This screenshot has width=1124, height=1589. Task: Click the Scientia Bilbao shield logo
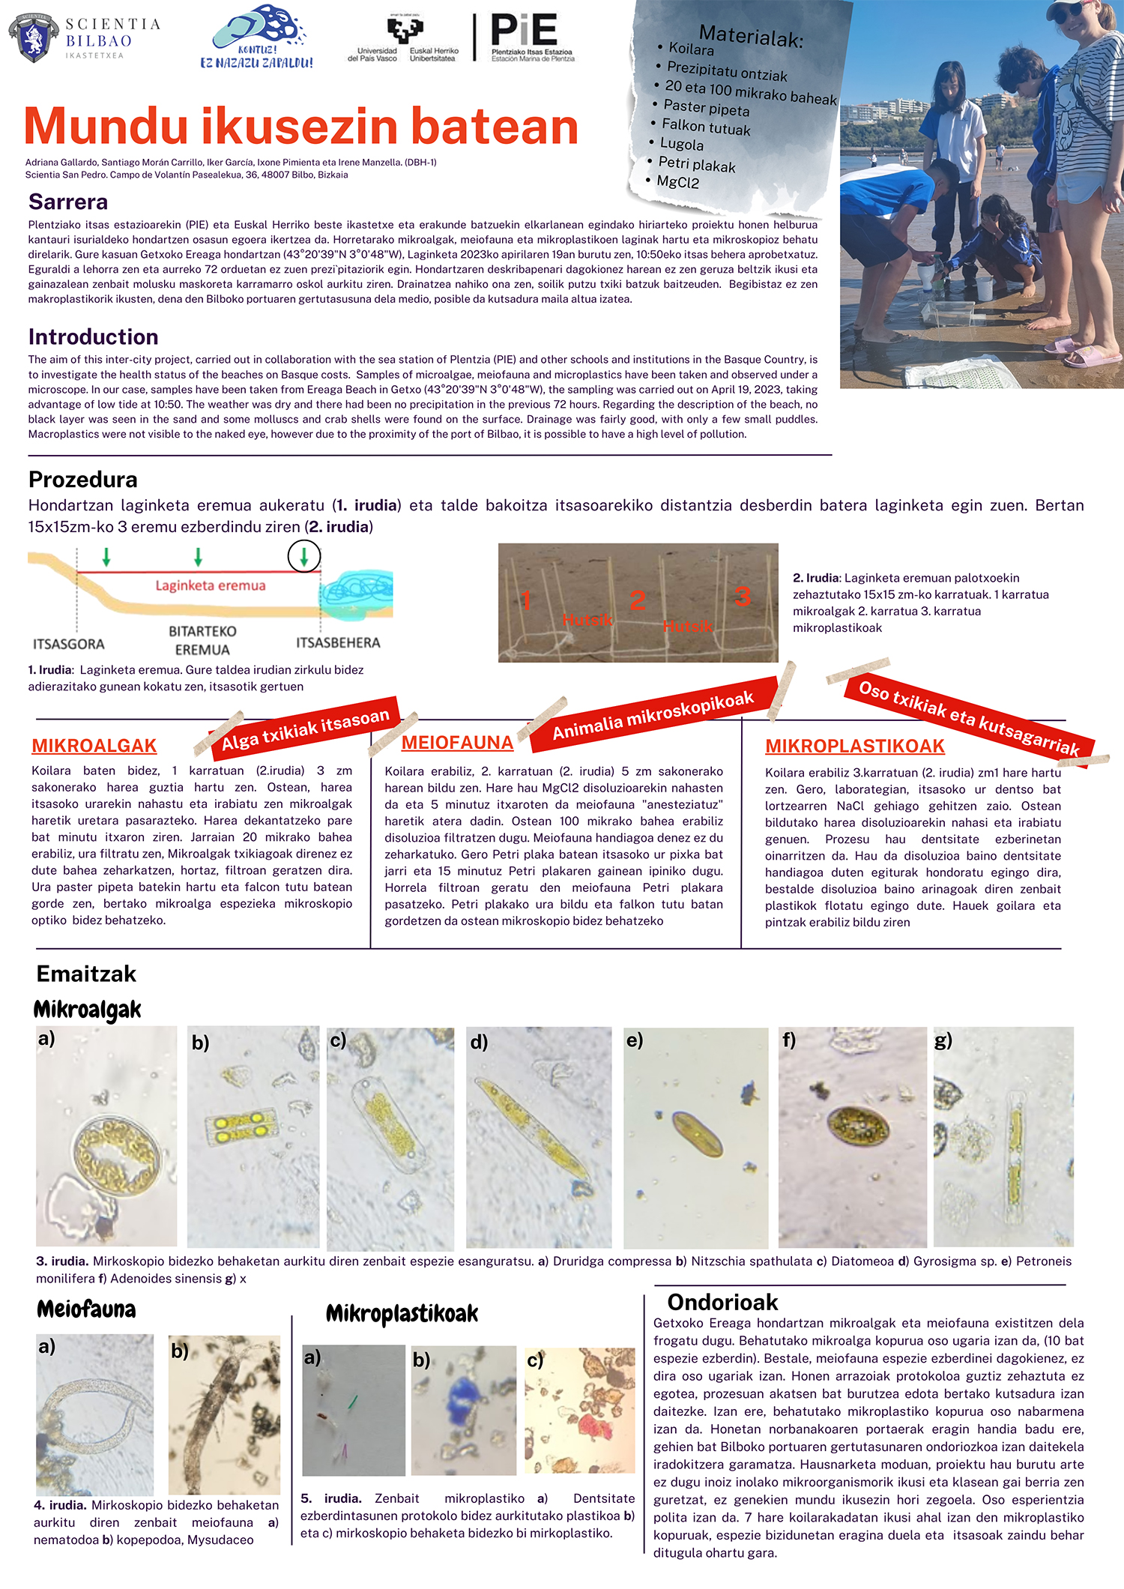click(x=34, y=37)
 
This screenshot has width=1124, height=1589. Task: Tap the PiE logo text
click(x=524, y=31)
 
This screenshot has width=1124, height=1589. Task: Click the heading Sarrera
click(x=68, y=202)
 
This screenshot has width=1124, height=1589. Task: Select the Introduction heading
click(x=94, y=337)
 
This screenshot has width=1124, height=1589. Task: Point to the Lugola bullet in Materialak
click(x=681, y=144)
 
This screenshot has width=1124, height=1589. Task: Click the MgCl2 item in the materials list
click(x=677, y=182)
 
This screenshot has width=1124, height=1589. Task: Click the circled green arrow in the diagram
click(x=304, y=556)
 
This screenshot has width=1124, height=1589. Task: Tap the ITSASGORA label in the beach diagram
click(x=69, y=644)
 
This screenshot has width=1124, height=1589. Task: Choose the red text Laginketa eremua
click(x=211, y=585)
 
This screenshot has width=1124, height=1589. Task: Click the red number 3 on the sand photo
click(x=742, y=597)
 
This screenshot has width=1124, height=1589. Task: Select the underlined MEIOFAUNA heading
click(x=457, y=743)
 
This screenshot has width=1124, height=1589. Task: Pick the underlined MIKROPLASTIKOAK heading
click(x=854, y=747)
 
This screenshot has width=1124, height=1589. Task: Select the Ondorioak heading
click(x=722, y=1302)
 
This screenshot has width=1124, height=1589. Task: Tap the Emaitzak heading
click(x=86, y=974)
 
